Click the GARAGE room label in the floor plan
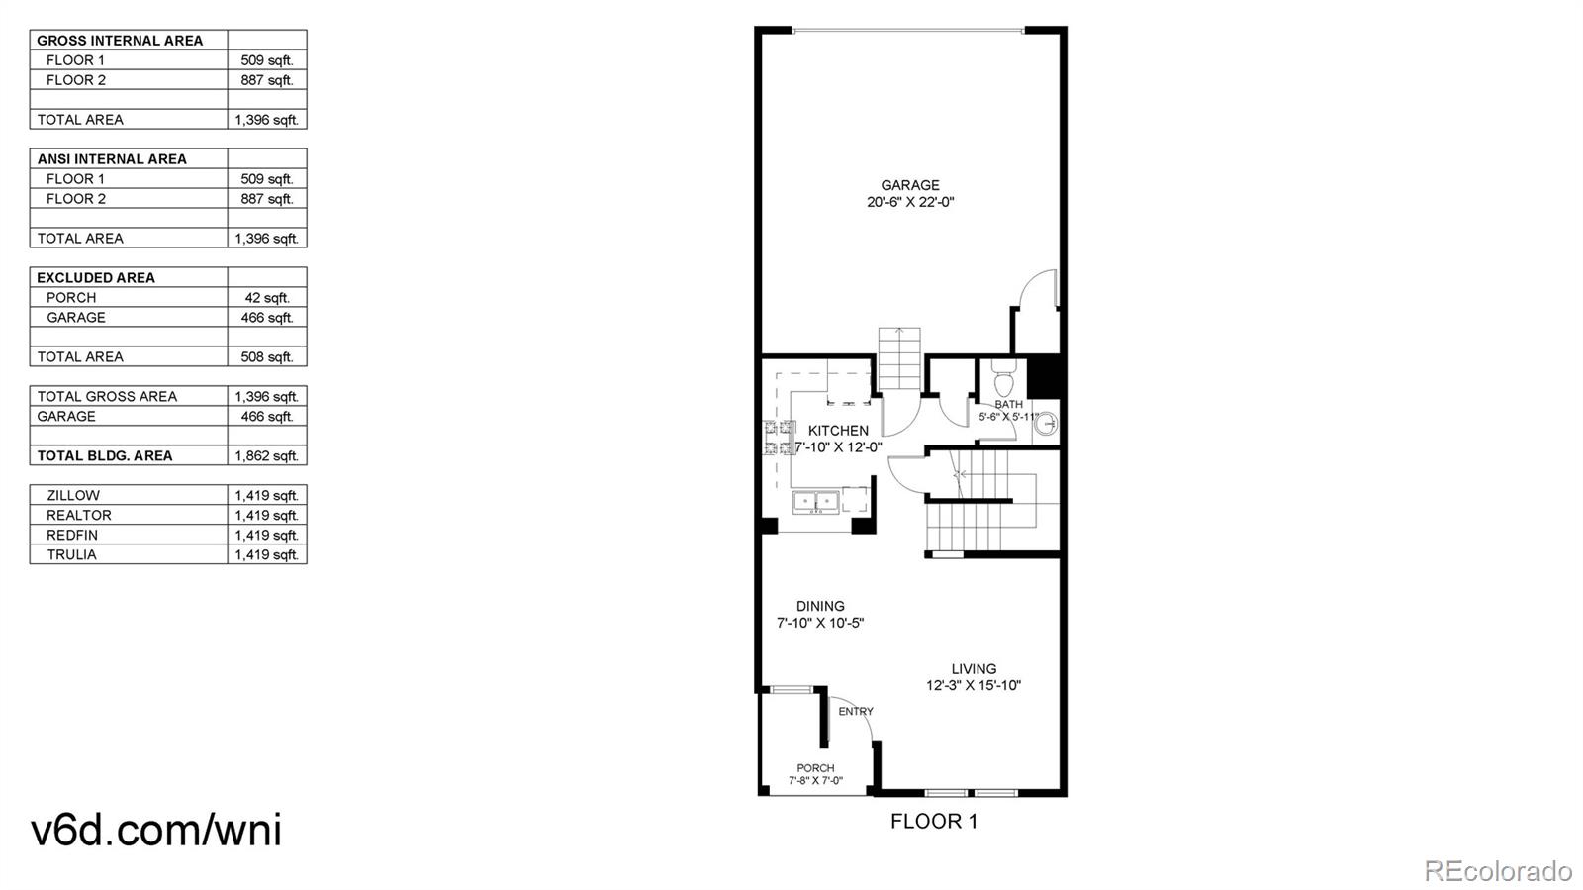point(910,185)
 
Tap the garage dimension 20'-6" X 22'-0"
point(910,202)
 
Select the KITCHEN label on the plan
point(838,431)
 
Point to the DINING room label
point(820,606)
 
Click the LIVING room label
point(974,669)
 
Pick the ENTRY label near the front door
point(856,711)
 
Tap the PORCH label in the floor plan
point(815,768)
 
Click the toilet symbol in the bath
point(1003,381)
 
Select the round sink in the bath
point(1047,424)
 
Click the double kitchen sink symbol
point(815,502)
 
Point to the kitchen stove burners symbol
point(779,439)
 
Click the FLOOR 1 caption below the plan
point(933,821)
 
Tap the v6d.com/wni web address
point(156,830)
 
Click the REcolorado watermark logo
point(1498,871)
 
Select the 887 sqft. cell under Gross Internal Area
point(267,80)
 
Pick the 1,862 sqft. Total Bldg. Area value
point(267,456)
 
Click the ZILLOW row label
point(73,495)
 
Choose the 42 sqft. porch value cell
point(267,298)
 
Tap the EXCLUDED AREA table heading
point(96,278)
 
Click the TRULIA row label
point(71,554)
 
